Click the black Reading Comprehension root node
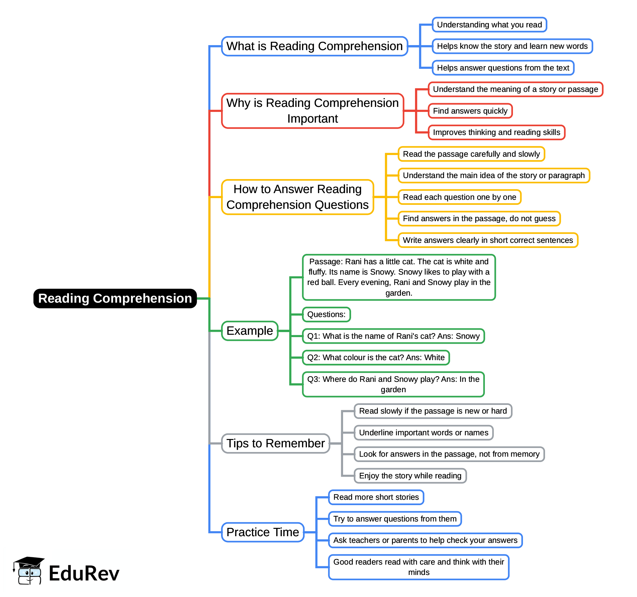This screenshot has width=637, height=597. [115, 298]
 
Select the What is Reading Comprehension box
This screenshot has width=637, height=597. [314, 46]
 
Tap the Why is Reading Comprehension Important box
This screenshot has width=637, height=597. [312, 111]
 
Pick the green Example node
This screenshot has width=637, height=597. [249, 331]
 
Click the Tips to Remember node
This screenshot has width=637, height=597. [276, 443]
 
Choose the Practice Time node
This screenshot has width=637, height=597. [262, 532]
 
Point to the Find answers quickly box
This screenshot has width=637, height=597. [470, 111]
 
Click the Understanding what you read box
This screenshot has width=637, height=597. [489, 25]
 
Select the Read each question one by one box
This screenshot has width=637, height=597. [459, 197]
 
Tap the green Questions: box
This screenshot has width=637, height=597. [326, 314]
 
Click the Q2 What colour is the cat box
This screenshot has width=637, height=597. [376, 357]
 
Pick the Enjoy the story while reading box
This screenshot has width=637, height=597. [410, 476]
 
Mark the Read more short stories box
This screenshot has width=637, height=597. [376, 497]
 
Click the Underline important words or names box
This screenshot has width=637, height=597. [423, 433]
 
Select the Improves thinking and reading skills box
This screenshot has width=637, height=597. [496, 132]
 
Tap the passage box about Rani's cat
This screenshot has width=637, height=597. [399, 277]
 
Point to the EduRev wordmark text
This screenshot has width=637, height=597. [84, 573]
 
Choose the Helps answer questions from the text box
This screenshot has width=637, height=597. [503, 68]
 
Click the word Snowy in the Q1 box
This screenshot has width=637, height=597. [467, 336]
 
